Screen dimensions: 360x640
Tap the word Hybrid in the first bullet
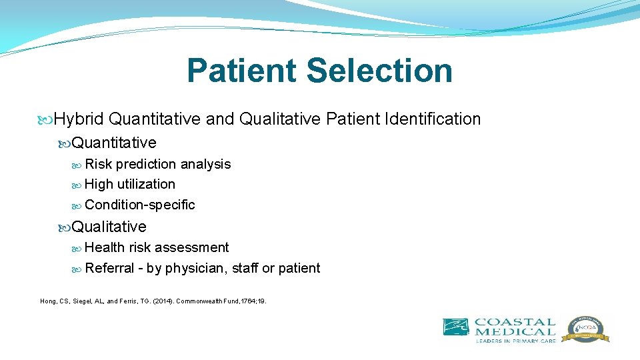click(x=79, y=119)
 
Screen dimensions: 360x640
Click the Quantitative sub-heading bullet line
click(x=114, y=143)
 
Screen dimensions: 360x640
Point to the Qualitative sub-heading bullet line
click(x=109, y=227)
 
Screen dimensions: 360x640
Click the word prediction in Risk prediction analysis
click(x=145, y=164)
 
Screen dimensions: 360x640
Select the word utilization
click(x=146, y=184)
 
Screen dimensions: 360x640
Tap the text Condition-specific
click(x=140, y=205)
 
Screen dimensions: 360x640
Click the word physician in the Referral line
click(x=195, y=268)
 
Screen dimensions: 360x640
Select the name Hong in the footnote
click(x=49, y=301)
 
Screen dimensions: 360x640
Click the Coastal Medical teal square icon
click(x=455, y=327)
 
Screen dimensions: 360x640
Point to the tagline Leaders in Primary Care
click(x=514, y=341)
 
